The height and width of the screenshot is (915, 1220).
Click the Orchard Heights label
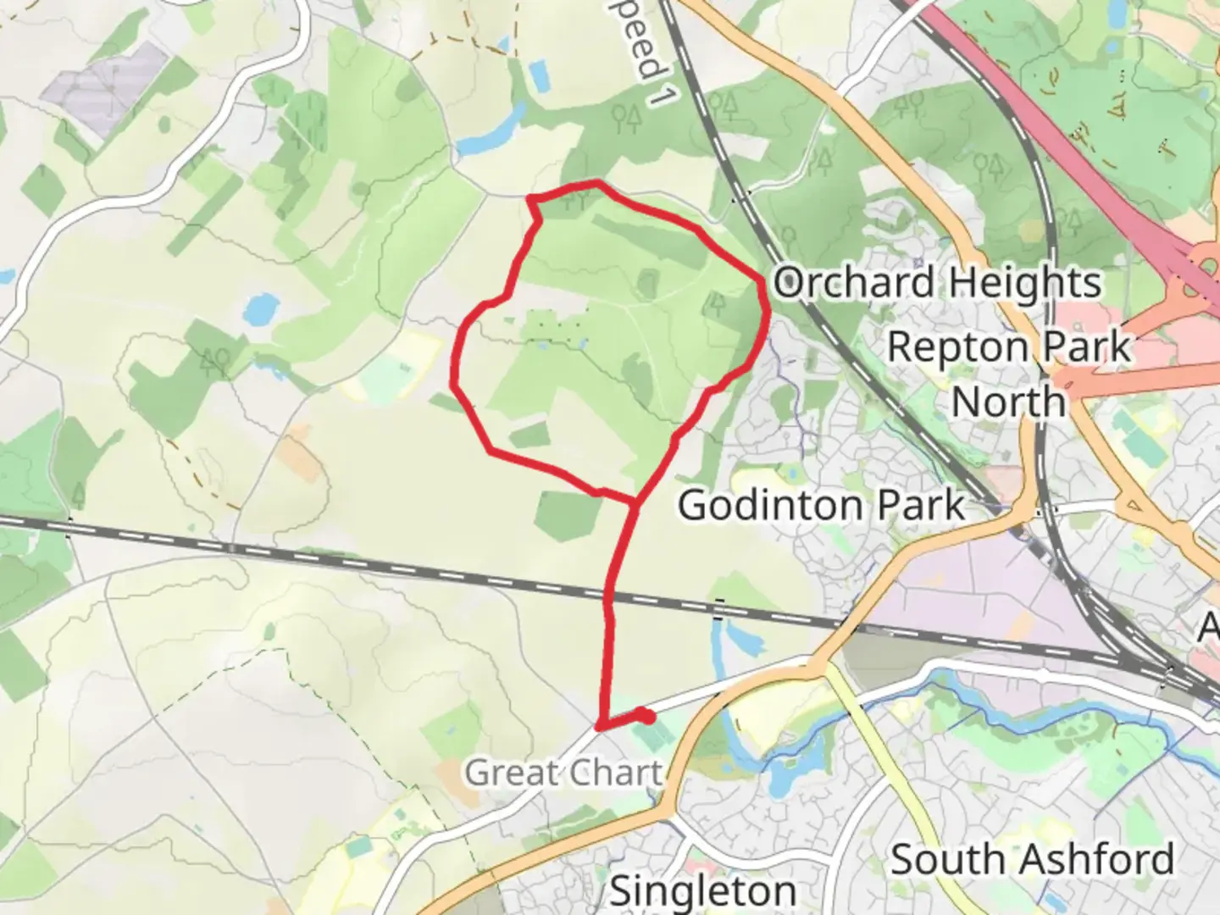point(937,283)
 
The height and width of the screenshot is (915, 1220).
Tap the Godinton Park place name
point(821,506)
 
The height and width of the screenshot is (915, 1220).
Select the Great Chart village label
point(563,773)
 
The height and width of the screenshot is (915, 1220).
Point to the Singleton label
point(702,890)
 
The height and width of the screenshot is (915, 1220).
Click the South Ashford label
point(1032,860)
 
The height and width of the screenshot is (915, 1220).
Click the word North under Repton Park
point(1008,402)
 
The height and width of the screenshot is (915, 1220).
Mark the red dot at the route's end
point(647,717)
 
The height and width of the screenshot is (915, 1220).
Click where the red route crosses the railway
point(608,598)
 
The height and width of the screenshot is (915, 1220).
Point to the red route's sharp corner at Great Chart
point(600,727)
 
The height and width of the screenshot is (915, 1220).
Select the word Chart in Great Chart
point(615,773)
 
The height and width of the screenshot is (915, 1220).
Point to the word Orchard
point(854,283)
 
